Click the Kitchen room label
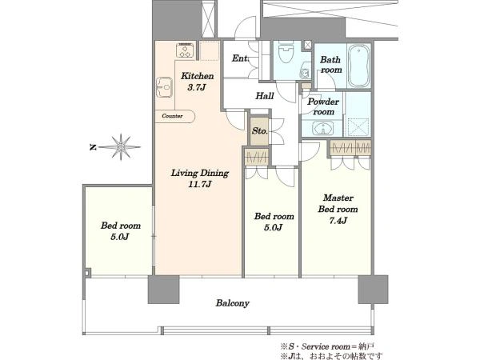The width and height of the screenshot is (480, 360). [197, 76]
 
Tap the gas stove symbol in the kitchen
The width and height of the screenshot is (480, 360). [186, 50]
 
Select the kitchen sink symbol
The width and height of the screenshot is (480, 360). [164, 87]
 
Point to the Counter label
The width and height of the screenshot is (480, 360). [172, 116]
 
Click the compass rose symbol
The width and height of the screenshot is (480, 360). [121, 147]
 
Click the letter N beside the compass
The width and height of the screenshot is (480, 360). [93, 147]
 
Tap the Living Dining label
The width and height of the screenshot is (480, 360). [199, 174]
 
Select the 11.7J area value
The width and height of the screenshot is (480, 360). [200, 184]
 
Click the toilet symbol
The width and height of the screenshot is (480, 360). [286, 53]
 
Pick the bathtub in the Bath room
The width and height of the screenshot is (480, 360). [359, 66]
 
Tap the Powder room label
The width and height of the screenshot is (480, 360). [323, 106]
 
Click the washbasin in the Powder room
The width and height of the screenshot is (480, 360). [323, 128]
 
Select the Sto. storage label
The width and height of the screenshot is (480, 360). [259, 131]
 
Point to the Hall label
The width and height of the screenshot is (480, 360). [265, 96]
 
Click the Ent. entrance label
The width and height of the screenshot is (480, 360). [240, 58]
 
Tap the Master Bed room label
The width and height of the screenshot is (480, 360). [338, 203]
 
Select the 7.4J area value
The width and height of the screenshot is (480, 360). [338, 221]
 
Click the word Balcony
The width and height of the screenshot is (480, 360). [232, 303]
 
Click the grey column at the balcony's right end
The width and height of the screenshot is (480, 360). [373, 290]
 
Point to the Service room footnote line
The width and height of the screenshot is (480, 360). [327, 347]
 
